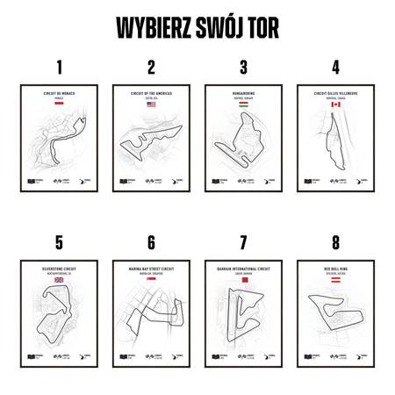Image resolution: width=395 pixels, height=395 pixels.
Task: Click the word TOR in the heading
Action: [x=260, y=27]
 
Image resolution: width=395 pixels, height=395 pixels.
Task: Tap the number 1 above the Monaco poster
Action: [x=60, y=68]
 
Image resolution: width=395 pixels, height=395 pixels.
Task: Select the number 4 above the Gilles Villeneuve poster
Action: [x=335, y=68]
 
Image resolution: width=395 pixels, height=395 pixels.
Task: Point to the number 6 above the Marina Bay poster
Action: [x=151, y=242]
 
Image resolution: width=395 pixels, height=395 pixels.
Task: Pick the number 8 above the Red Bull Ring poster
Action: [x=335, y=242]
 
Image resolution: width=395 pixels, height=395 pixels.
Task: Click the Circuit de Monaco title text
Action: [x=60, y=92]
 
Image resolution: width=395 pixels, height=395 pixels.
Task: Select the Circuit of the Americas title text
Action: [x=151, y=92]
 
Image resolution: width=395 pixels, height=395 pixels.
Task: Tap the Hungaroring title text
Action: [x=243, y=92]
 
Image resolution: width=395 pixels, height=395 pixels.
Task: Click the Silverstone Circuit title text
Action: [x=60, y=268]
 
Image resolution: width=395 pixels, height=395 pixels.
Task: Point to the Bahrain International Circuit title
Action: [x=243, y=268]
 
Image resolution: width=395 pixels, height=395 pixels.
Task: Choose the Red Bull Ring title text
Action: [x=335, y=268]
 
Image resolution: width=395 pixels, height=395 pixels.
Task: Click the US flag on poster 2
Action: [x=151, y=104]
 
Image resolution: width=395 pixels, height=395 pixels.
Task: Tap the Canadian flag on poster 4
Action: [x=335, y=104]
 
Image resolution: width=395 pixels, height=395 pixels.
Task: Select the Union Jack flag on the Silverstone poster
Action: [x=60, y=279]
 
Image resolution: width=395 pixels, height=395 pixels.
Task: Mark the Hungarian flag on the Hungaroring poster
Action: [x=243, y=104]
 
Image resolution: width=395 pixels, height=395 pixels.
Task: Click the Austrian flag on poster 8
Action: [x=335, y=279]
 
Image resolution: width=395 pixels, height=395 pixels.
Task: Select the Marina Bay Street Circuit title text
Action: [x=151, y=268]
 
